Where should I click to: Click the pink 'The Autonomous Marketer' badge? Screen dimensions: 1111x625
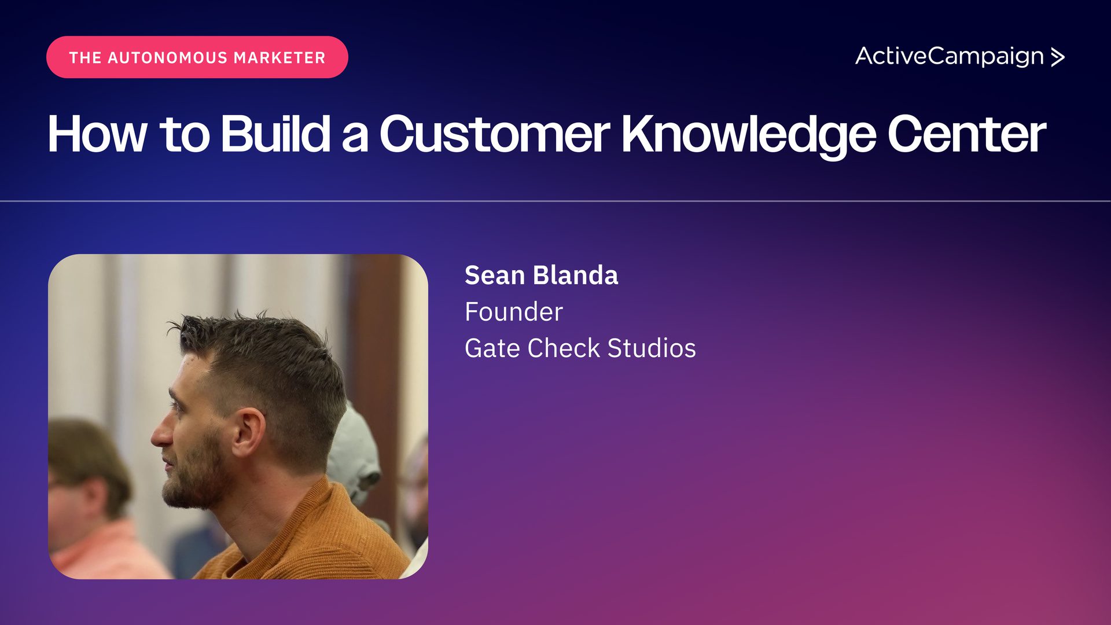click(x=197, y=57)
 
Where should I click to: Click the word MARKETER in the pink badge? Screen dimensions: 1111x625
click(x=279, y=58)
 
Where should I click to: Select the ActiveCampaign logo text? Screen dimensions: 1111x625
click(x=950, y=57)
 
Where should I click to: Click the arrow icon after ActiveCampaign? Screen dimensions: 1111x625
click(x=1058, y=57)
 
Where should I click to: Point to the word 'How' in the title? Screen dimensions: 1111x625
click(x=97, y=134)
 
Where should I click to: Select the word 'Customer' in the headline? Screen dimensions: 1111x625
click(x=494, y=134)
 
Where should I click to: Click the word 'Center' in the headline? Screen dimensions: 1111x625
click(x=967, y=134)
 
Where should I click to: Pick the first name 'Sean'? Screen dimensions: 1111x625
click(x=495, y=275)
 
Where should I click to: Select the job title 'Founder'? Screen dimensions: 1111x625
click(x=514, y=312)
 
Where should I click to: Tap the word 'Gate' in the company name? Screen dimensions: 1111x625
click(x=492, y=348)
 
